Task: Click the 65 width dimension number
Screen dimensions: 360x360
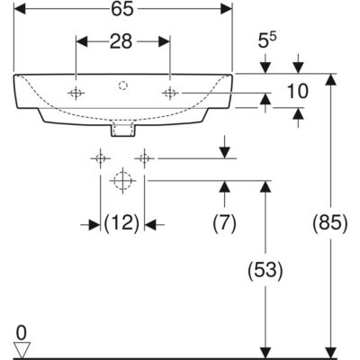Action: pos(122,9)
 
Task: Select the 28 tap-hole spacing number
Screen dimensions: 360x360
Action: pos(121,41)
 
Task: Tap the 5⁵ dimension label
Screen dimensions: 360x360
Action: pos(267,40)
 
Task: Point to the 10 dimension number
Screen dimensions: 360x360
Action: pos(297,91)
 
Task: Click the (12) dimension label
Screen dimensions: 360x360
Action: pos(121,223)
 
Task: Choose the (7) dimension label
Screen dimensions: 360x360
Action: pos(224,223)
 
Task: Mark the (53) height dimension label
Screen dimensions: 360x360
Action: pos(265,271)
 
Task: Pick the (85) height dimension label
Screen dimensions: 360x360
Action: pos(330,223)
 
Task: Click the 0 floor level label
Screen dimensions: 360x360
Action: pos(22,333)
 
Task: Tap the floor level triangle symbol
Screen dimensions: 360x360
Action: pos(22,350)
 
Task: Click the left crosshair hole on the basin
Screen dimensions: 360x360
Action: pos(76,93)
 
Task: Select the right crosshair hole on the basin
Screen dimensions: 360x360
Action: pos(170,93)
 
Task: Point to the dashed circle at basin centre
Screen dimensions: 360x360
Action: pos(122,85)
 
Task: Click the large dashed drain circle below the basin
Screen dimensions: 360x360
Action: pos(122,181)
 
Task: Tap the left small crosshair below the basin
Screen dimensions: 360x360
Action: pos(100,158)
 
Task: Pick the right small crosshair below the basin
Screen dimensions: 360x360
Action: pos(145,158)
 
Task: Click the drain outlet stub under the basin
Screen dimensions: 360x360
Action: pos(122,130)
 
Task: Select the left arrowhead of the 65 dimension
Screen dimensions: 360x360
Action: pos(20,9)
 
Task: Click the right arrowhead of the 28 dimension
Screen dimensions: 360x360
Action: pos(164,41)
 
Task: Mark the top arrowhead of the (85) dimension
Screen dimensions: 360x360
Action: pos(330,79)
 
